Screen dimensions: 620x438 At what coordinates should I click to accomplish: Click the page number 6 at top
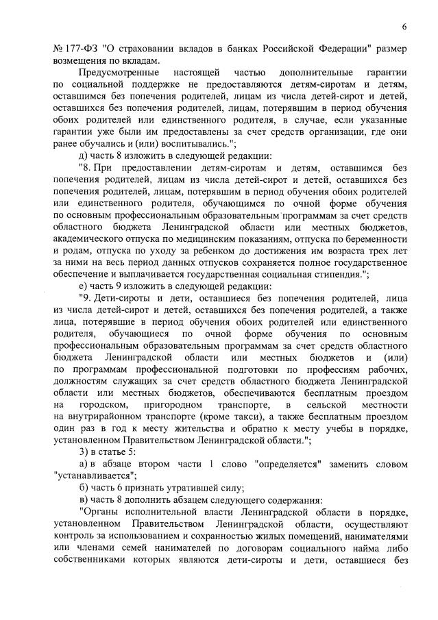pyautogui.click(x=404, y=27)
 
